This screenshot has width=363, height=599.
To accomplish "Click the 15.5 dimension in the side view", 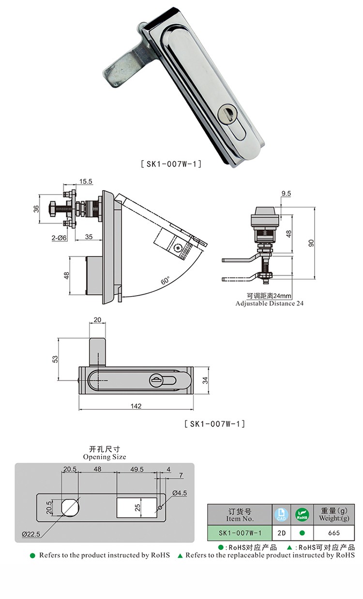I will click(x=86, y=181).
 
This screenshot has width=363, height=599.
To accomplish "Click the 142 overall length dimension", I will click(x=136, y=406).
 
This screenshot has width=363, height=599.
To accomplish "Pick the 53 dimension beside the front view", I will click(x=55, y=359).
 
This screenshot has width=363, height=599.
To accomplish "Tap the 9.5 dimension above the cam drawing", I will click(x=286, y=194).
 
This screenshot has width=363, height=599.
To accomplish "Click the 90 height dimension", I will click(x=312, y=243).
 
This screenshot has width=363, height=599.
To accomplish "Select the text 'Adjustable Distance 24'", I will click(x=270, y=303).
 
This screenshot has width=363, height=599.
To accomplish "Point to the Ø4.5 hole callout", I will click(x=180, y=493).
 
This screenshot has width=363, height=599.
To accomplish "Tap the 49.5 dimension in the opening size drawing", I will click(x=137, y=469).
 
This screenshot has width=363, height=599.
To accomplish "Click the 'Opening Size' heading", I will click(x=105, y=457).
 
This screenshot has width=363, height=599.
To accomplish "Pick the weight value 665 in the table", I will click(x=333, y=533).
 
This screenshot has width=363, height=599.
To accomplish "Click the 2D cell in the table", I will click(x=281, y=533).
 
